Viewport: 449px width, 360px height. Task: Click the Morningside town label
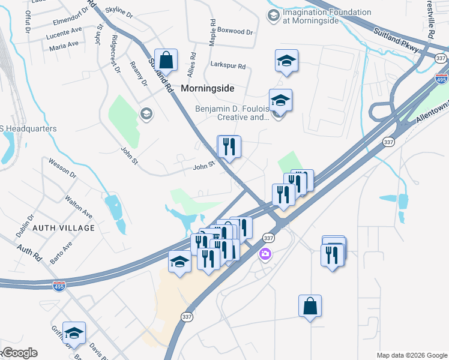[x=207, y=88]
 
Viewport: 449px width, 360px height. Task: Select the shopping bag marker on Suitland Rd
[x=167, y=61]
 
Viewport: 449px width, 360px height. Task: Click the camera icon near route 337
[x=265, y=254]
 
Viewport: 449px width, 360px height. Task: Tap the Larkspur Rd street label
[x=228, y=65]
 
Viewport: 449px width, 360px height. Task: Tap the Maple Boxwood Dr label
[x=232, y=31]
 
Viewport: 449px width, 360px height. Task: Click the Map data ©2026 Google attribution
[x=411, y=355]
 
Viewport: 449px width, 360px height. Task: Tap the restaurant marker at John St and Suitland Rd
[x=229, y=146]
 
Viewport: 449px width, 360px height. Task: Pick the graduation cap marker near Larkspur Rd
[x=287, y=60]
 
